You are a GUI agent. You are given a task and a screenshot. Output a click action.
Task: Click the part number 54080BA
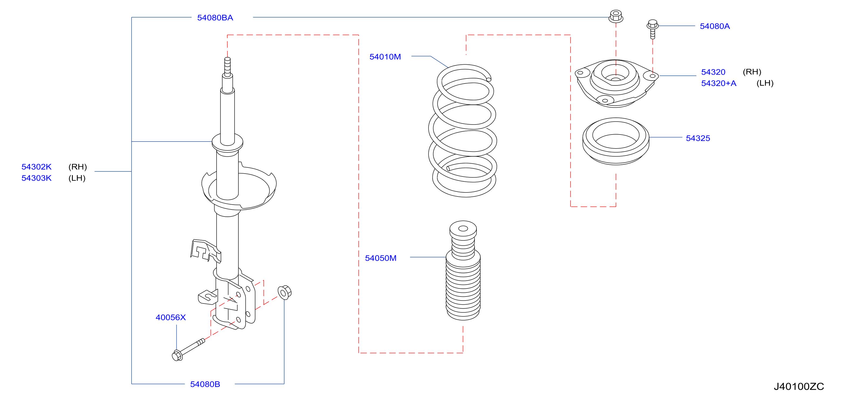[x=215, y=18]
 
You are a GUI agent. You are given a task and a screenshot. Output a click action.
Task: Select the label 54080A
[x=715, y=26]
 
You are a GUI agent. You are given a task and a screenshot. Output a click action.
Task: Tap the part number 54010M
[x=385, y=57]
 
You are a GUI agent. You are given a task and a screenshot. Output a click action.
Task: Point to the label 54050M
[x=380, y=258]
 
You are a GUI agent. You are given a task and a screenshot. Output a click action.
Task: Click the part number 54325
[x=698, y=138]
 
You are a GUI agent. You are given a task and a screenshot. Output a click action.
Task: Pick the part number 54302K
[x=36, y=167]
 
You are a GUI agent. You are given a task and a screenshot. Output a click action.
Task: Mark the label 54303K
[x=36, y=178]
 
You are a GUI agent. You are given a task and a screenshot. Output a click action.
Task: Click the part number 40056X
[x=170, y=317]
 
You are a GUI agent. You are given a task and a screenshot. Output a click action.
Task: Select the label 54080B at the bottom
[x=205, y=384]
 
